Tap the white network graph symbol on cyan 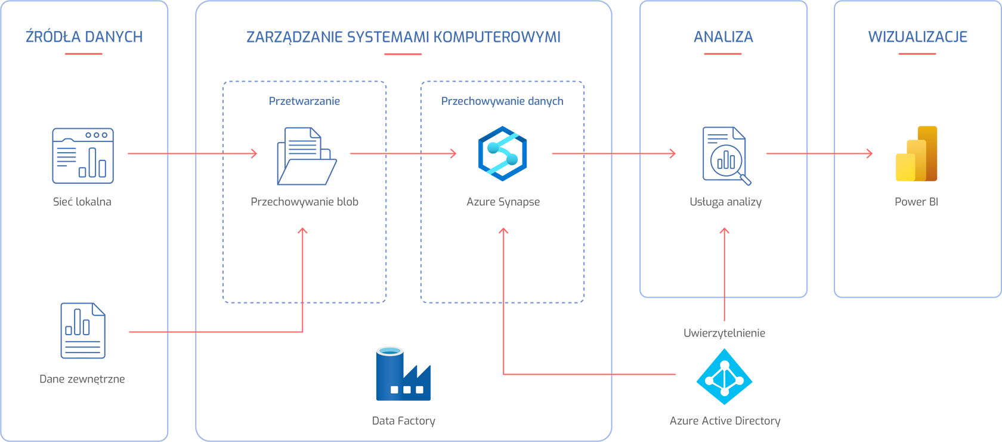click(724, 378)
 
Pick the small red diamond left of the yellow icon click(821, 153)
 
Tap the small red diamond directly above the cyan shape click(724, 310)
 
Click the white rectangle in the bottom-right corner click(939, 364)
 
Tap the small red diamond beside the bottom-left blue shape click(181, 332)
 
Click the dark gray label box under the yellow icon click(917, 218)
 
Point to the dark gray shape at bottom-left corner click(83, 385)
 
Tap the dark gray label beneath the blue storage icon click(403, 416)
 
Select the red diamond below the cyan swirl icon click(503, 262)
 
